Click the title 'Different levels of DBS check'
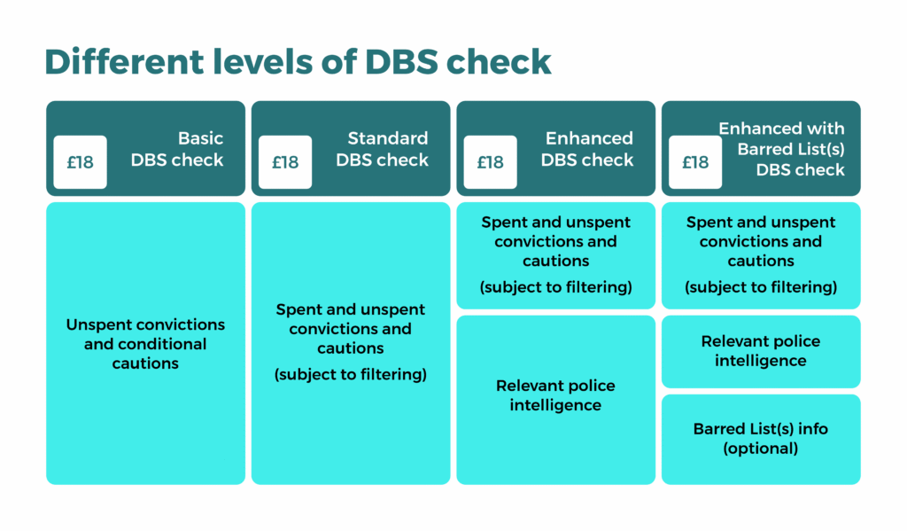(298, 62)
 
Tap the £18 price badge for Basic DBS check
(80, 162)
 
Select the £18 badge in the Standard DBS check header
(285, 162)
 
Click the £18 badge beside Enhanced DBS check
(490, 162)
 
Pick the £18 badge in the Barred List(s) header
(695, 162)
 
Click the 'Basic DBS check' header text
(177, 149)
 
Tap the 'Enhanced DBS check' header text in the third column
(587, 149)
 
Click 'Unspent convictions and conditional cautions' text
(145, 344)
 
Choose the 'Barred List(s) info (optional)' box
(761, 439)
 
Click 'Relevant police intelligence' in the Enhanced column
(555, 395)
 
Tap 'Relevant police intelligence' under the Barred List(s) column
(761, 351)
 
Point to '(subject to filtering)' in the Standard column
(351, 375)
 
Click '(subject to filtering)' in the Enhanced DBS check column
(555, 287)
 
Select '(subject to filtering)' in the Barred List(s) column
(761, 287)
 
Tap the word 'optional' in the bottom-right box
(761, 449)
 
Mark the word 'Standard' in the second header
(387, 138)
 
